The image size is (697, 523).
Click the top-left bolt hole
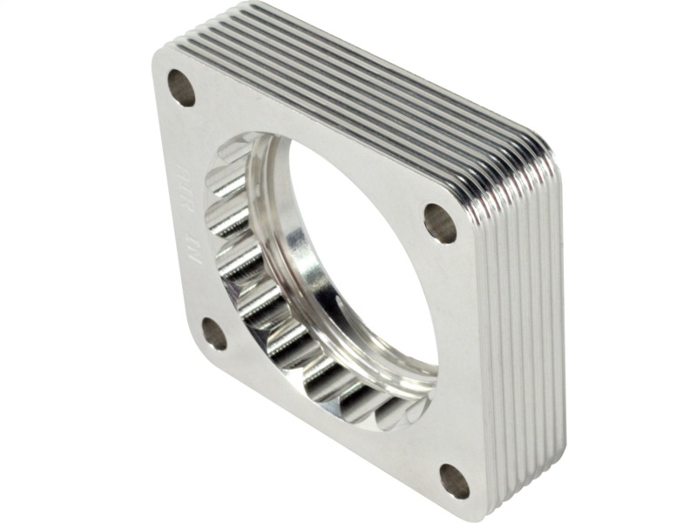tap(182, 88)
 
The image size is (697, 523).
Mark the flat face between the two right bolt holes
tap(462, 349)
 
